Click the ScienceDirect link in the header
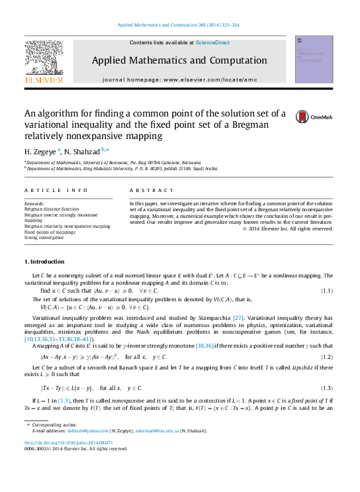pyautogui.click(x=212, y=42)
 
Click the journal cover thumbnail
pyautogui.click(x=314, y=59)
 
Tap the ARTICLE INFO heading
pyautogui.click(x=56, y=190)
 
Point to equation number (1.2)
pyautogui.click(x=326, y=356)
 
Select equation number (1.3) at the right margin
pyautogui.click(x=326, y=387)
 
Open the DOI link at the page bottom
pyautogui.click(x=67, y=442)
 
